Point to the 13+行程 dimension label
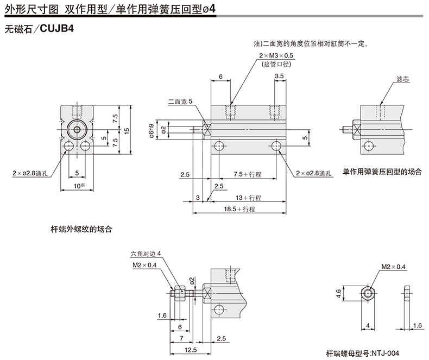[248, 198]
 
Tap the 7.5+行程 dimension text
[248, 175]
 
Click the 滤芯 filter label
[403, 79]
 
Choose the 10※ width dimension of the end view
[79, 186]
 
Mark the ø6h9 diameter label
[152, 130]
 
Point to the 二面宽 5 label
[180, 101]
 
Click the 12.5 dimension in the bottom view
[191, 350]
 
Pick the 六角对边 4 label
[146, 253]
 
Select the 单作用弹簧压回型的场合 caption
[382, 171]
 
